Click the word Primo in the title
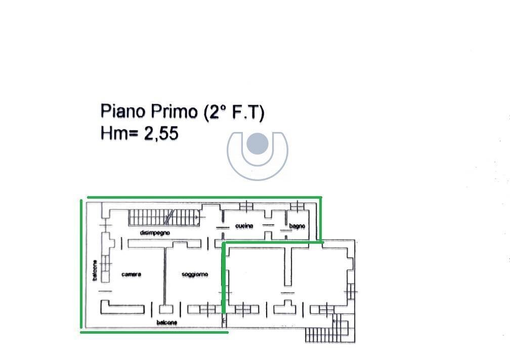[171, 111]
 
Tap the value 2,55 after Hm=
[161, 133]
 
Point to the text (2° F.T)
[234, 112]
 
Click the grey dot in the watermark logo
[257, 144]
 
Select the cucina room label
[244, 226]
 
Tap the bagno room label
[297, 226]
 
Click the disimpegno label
[155, 233]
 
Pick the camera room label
[132, 275]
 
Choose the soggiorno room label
[195, 275]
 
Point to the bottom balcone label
[166, 322]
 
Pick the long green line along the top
[202, 198]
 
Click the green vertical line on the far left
[81, 263]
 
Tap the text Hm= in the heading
[120, 133]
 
